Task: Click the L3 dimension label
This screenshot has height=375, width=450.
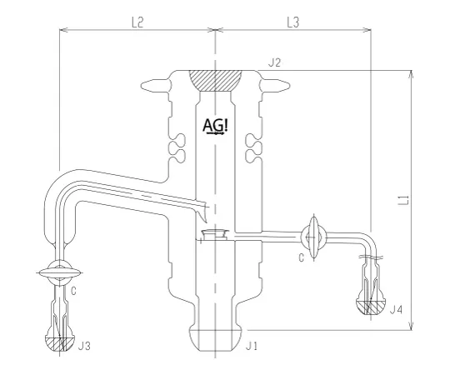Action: [x=292, y=23]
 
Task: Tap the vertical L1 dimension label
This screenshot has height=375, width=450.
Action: [x=402, y=199]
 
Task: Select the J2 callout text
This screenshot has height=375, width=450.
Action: [x=274, y=62]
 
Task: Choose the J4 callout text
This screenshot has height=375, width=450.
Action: [x=397, y=310]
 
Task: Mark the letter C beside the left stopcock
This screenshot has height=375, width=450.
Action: [x=74, y=291]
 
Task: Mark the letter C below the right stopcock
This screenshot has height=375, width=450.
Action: [x=300, y=257]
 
